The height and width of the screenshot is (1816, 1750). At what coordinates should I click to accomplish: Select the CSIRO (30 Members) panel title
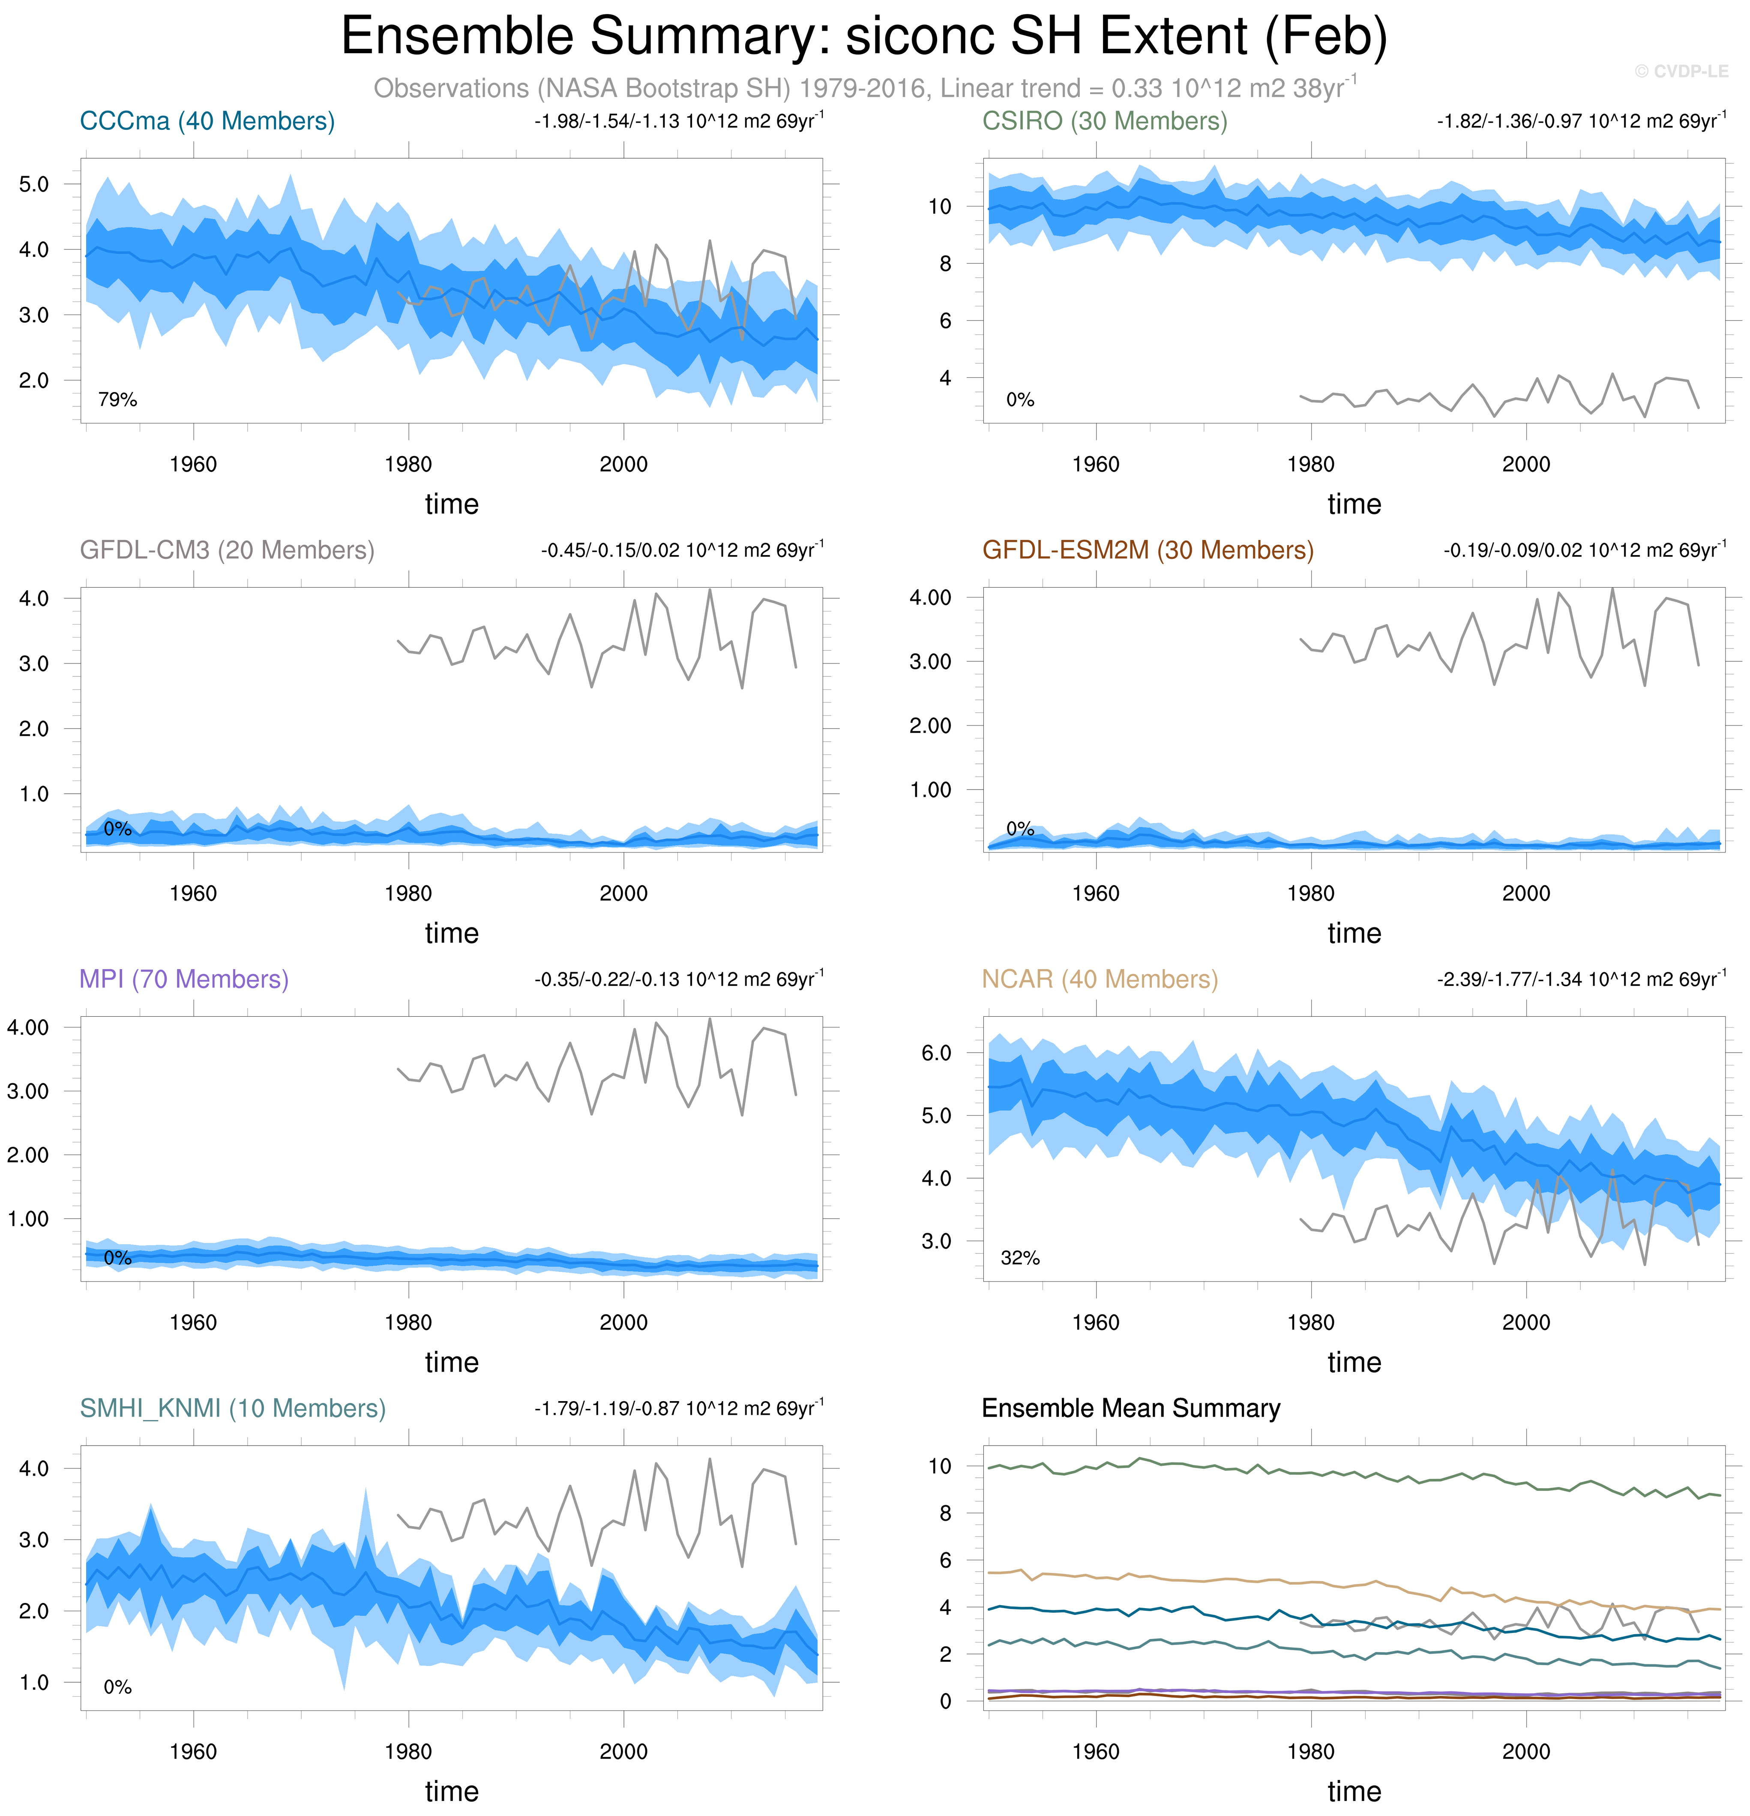[x=1104, y=121]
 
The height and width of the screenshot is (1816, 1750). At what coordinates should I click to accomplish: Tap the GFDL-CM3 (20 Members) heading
[x=227, y=550]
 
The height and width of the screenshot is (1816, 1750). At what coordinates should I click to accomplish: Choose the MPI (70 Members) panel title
[x=183, y=979]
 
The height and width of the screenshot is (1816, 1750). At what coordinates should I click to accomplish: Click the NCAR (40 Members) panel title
[x=1100, y=979]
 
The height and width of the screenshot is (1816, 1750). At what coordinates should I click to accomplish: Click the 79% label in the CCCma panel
[x=118, y=400]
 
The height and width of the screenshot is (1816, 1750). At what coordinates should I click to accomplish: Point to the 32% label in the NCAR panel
[x=1020, y=1258]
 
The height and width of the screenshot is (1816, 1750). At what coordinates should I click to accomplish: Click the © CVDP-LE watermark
[x=1681, y=71]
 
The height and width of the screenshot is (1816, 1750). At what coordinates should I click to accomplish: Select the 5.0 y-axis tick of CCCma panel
[x=34, y=184]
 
